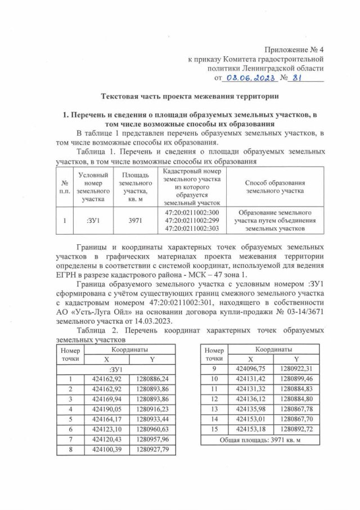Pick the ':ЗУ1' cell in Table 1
(93, 221)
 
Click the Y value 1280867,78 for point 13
(296, 409)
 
